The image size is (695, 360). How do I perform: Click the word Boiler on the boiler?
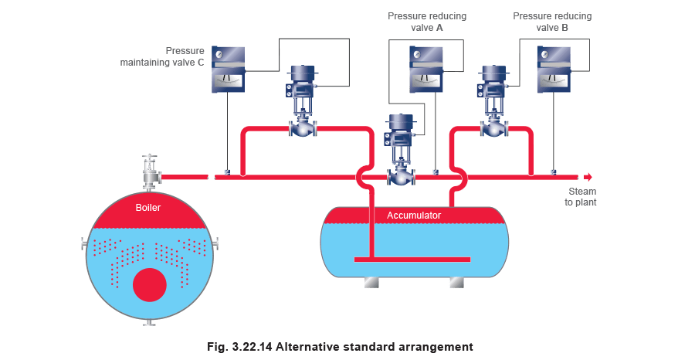tap(148, 208)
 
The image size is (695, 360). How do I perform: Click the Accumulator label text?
tap(414, 216)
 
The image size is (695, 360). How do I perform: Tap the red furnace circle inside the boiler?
tap(149, 285)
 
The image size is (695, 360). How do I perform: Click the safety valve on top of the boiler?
tap(149, 171)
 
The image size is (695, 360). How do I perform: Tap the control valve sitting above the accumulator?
tap(400, 151)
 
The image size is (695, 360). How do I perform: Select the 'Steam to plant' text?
tap(583, 196)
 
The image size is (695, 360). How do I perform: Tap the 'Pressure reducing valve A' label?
tap(427, 21)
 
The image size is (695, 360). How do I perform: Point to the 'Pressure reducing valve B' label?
tap(553, 21)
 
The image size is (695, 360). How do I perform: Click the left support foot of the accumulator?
tap(371, 284)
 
